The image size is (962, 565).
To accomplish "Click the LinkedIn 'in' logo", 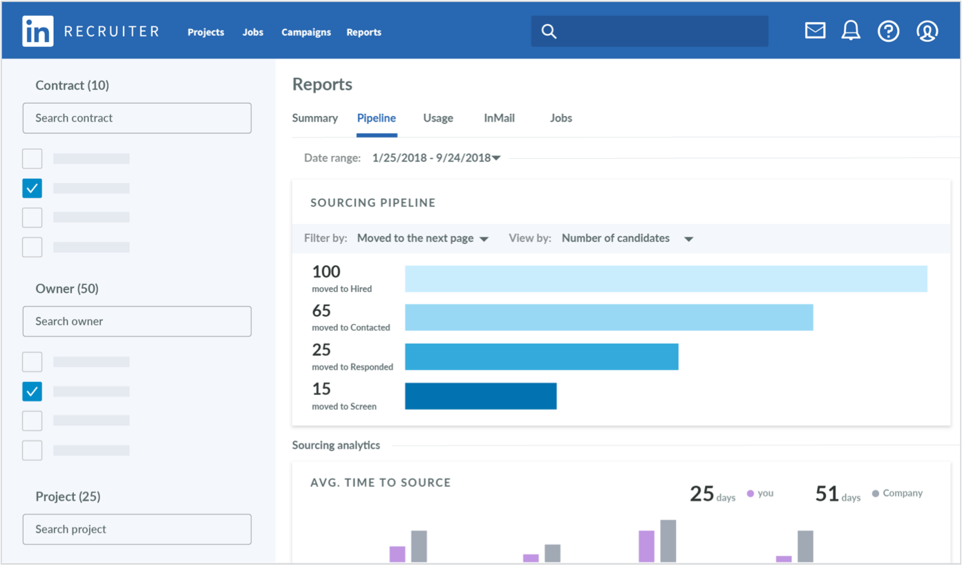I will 37,32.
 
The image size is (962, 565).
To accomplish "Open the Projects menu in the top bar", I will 206,32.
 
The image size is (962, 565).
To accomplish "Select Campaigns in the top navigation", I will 306,32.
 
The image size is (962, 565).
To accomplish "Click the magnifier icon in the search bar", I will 549,32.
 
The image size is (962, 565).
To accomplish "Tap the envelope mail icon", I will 815,31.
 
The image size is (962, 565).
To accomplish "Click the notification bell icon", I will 851,31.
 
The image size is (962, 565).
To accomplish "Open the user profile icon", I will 927,31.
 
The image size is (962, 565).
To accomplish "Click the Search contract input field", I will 137,118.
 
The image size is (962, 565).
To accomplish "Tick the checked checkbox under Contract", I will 32,188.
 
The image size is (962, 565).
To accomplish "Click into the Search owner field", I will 137,321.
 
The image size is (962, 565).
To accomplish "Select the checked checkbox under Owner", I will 32,392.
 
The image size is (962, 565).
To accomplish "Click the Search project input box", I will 137,529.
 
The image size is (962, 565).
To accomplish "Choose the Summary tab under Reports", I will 314,118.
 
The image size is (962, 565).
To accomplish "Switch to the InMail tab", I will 499,118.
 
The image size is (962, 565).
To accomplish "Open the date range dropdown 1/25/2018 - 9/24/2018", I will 436,158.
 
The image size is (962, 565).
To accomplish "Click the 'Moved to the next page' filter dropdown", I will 422,238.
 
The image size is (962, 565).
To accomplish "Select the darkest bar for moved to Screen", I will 480,396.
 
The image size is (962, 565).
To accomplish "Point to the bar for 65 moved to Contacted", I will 608,318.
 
